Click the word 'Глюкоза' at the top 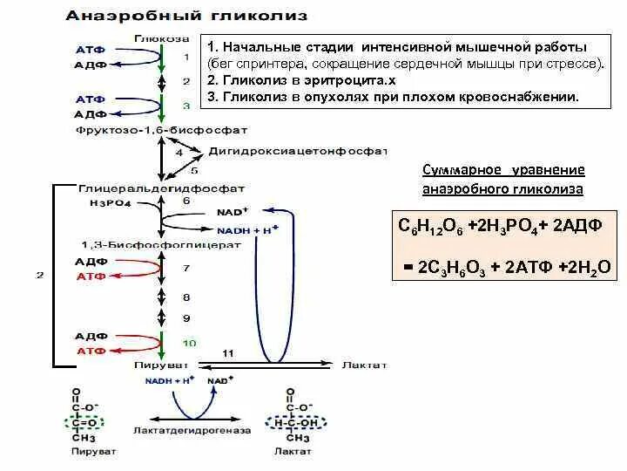[x=158, y=38]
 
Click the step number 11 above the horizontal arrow [x=228, y=352]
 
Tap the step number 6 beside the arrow [x=185, y=201]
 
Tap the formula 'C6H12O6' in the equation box [x=429, y=226]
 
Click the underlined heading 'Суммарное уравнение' [x=503, y=169]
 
